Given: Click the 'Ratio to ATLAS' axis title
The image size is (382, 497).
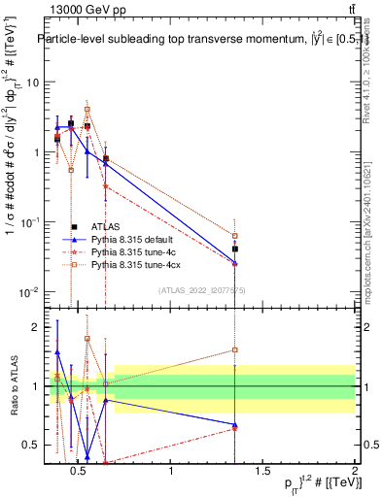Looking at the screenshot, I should click(x=12, y=385).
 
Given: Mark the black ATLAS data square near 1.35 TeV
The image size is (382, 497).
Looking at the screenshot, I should click(x=235, y=249).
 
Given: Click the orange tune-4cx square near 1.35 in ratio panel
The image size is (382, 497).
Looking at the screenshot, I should click(x=235, y=349).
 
